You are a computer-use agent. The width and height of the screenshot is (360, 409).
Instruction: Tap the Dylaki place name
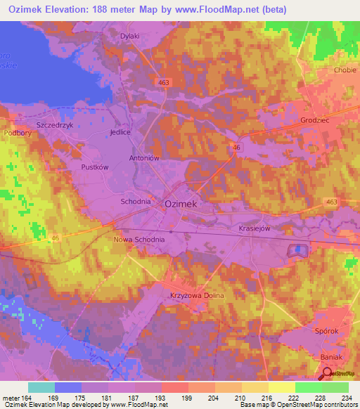[129, 36]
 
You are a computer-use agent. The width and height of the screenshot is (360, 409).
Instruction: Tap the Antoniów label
[144, 158]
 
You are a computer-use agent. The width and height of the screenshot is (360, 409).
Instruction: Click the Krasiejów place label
[254, 228]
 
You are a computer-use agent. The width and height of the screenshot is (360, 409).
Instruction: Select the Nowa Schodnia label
[139, 240]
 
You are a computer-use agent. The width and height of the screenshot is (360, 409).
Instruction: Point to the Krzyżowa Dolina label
[197, 296]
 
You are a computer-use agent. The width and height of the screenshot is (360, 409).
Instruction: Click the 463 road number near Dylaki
[164, 83]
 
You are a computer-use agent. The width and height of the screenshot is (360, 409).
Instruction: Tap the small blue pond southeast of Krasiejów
[298, 249]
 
